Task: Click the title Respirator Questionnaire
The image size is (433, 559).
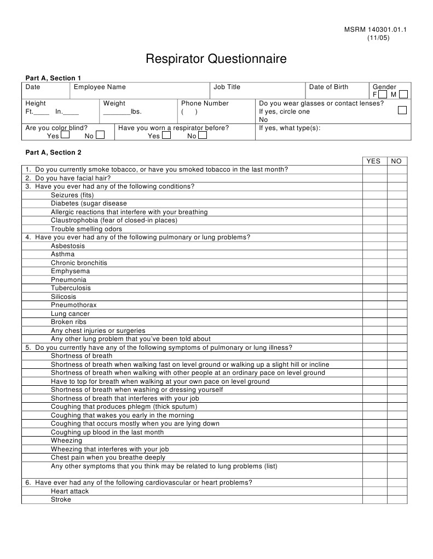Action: (216, 59)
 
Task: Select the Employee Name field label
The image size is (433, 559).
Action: (100, 87)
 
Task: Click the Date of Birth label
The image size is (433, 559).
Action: (328, 87)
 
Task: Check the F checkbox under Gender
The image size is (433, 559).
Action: (383, 95)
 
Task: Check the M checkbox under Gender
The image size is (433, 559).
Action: (403, 95)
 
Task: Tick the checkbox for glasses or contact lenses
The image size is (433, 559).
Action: (402, 110)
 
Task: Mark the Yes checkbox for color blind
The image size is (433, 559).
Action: (65, 135)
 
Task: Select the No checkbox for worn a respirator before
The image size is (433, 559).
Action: (203, 135)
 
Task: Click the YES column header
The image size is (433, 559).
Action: (373, 161)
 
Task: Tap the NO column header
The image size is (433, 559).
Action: (396, 161)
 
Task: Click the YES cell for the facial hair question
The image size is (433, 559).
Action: (374, 178)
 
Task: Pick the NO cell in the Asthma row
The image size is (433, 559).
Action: (397, 254)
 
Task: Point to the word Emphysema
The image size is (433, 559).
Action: (71, 271)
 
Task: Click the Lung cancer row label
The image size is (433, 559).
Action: (70, 314)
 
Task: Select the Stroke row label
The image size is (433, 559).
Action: (61, 499)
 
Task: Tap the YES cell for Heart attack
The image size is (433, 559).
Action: (374, 491)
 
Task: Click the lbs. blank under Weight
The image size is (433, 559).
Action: (117, 111)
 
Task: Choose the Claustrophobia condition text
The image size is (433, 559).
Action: (114, 220)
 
